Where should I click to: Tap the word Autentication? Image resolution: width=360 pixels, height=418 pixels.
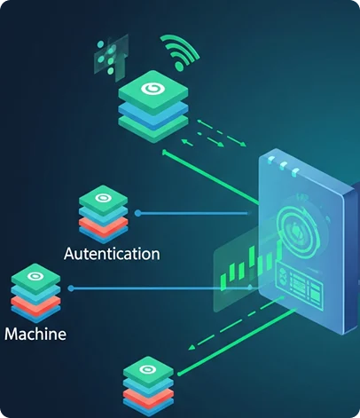(x=112, y=254)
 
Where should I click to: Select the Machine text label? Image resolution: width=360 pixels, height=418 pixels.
(x=35, y=335)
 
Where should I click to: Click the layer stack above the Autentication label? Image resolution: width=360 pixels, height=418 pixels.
(x=103, y=213)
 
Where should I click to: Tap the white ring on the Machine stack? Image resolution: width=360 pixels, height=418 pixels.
(x=36, y=277)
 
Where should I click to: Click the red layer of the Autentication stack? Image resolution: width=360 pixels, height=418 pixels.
(x=103, y=225)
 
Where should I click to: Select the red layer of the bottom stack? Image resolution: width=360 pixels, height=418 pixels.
(x=145, y=396)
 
